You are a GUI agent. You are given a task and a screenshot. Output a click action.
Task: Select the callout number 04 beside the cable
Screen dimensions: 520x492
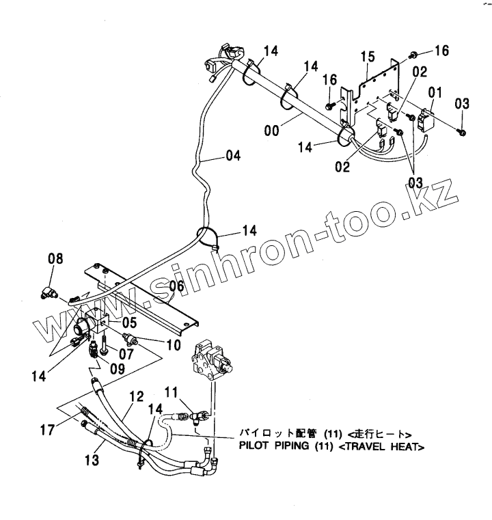click(x=232, y=156)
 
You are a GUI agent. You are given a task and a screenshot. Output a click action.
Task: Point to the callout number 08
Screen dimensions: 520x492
click(x=55, y=258)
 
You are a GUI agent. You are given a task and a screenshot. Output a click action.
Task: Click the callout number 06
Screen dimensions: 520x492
click(x=176, y=286)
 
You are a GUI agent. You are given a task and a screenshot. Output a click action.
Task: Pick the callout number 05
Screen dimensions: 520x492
click(x=130, y=321)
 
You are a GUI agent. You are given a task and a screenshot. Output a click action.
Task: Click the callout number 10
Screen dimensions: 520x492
click(x=174, y=346)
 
